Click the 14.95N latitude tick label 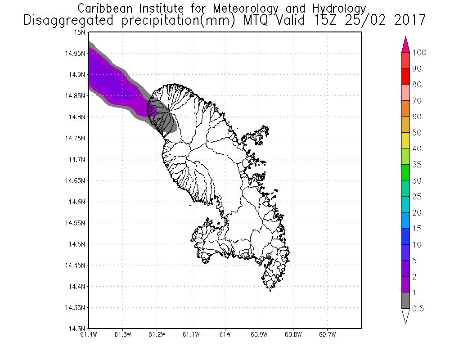75,54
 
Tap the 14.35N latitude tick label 75,308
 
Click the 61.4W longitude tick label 89,334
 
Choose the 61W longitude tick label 225,334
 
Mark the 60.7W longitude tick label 327,334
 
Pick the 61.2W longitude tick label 157,334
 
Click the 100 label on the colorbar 419,53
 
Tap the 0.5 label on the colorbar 418,309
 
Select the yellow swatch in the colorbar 405,140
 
